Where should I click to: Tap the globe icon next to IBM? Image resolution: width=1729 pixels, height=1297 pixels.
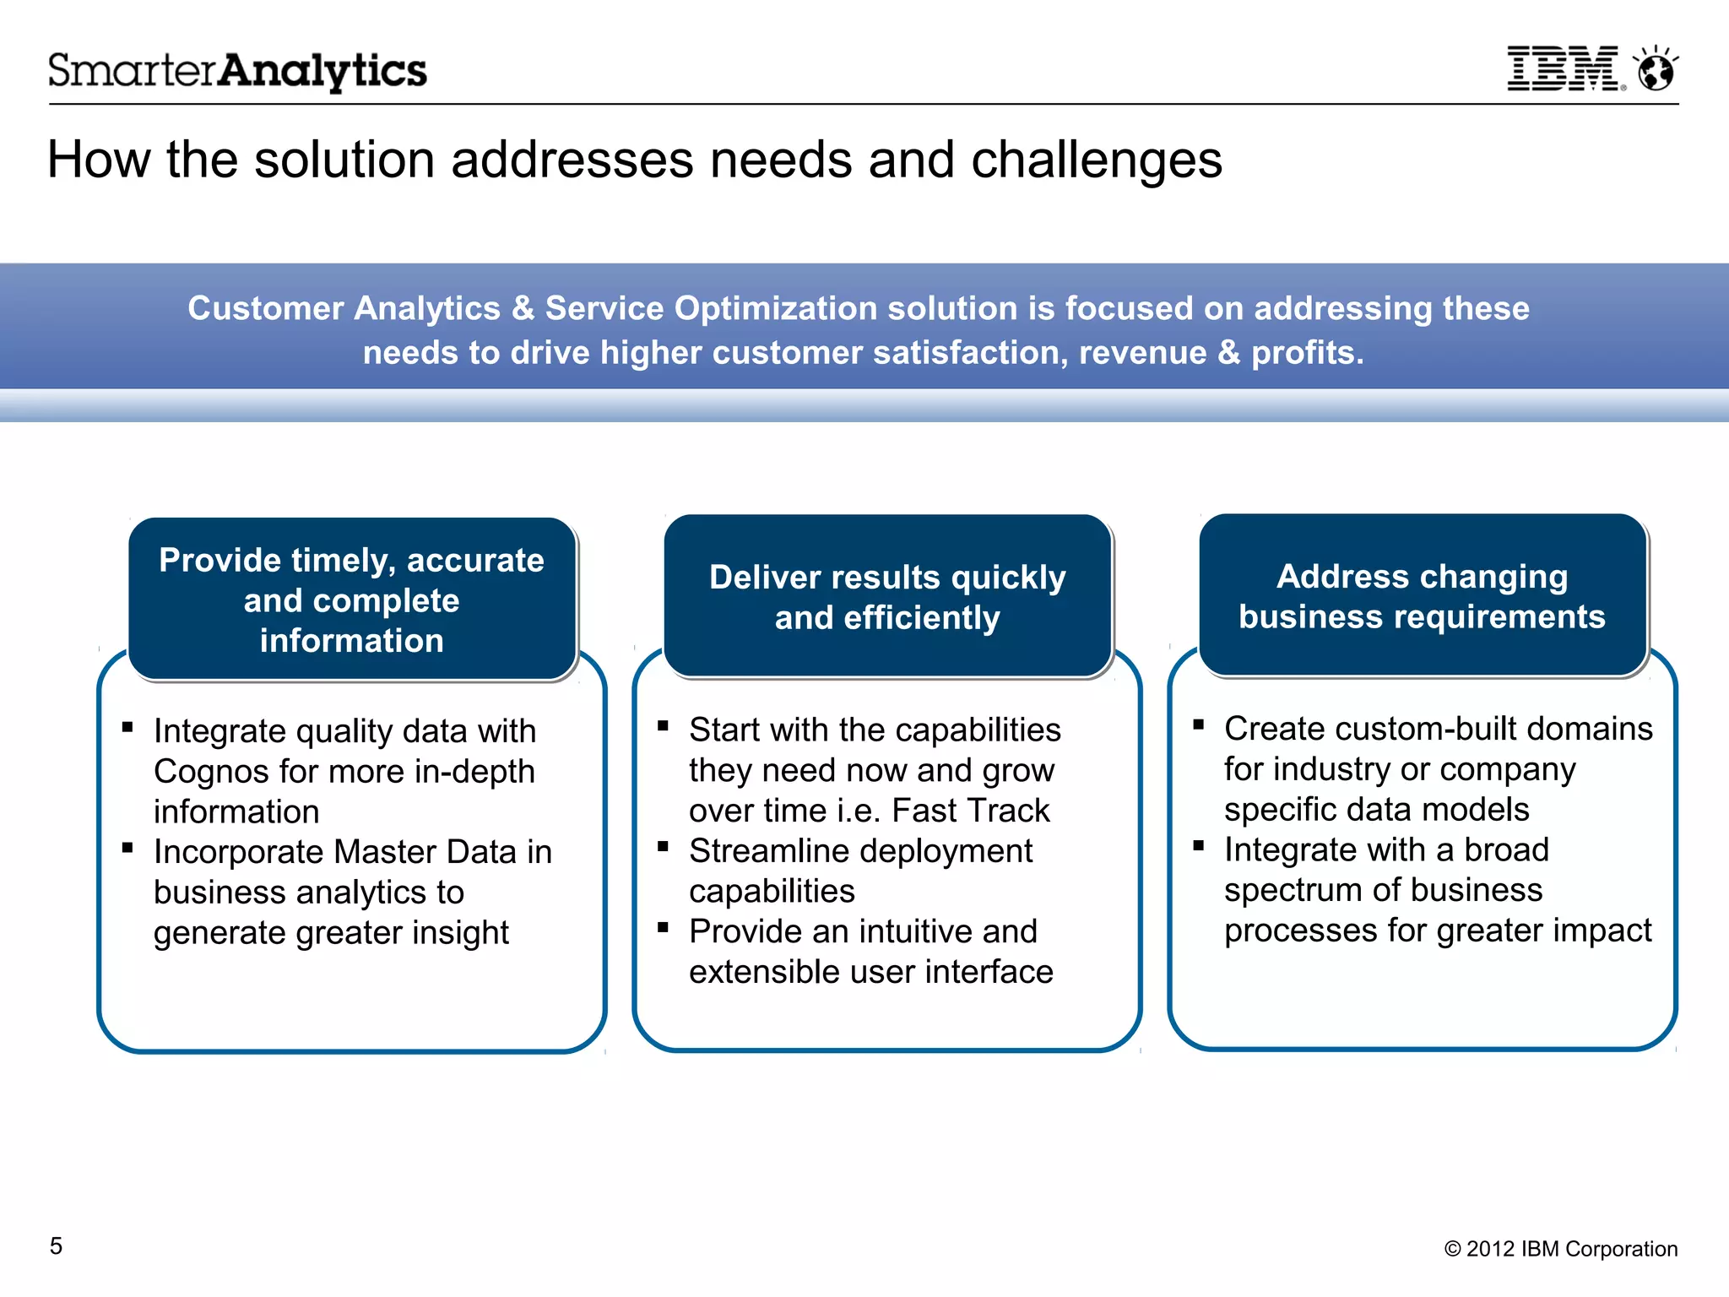click(x=1656, y=70)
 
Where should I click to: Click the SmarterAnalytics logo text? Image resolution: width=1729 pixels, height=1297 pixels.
click(x=237, y=71)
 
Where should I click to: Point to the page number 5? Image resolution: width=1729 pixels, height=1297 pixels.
click(x=56, y=1246)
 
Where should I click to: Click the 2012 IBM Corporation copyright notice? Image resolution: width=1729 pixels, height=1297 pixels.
click(x=1560, y=1249)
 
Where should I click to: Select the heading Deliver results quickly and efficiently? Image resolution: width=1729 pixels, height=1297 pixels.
click(x=887, y=597)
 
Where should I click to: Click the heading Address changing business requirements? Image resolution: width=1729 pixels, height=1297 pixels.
click(x=1423, y=596)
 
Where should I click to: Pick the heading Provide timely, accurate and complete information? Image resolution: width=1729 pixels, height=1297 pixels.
click(x=352, y=600)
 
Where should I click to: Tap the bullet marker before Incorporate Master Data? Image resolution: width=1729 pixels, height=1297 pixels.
click(x=127, y=848)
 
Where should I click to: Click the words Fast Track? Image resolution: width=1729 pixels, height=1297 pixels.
click(x=970, y=811)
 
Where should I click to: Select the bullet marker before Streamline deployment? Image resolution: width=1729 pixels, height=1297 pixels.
click(x=663, y=846)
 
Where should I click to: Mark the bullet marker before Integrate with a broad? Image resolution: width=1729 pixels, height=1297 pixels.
click(x=1198, y=845)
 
